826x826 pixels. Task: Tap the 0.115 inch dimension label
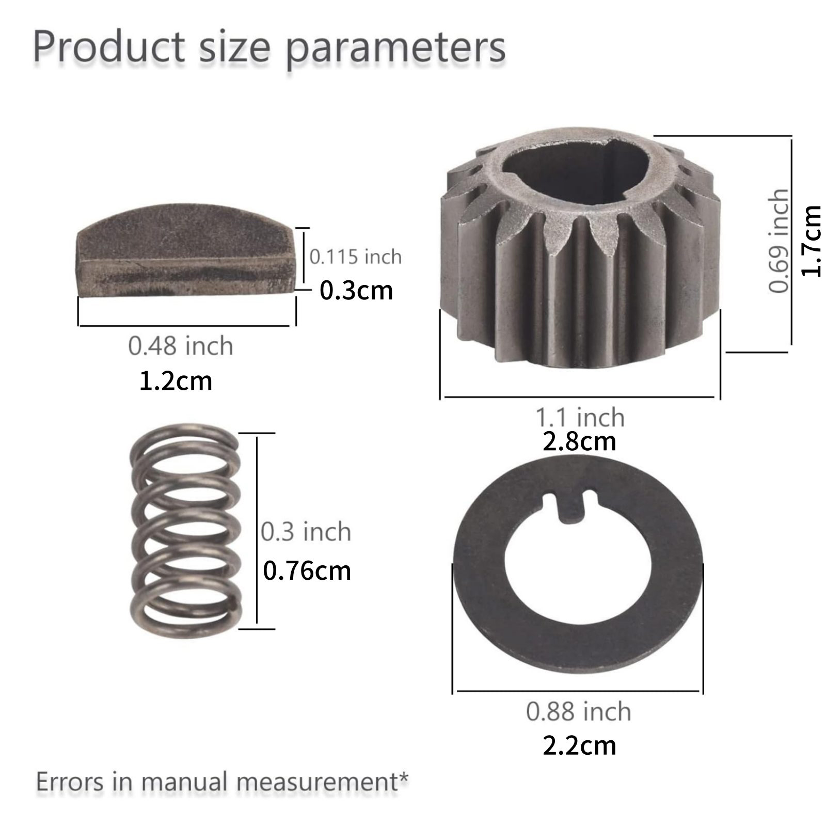coord(355,257)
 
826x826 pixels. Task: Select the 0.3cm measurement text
coord(356,290)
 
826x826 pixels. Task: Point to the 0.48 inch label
coord(181,345)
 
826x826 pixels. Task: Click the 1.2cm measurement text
coord(176,381)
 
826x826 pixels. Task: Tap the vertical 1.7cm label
coord(811,241)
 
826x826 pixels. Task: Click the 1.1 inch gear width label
coord(580,417)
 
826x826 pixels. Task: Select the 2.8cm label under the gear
coord(579,441)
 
